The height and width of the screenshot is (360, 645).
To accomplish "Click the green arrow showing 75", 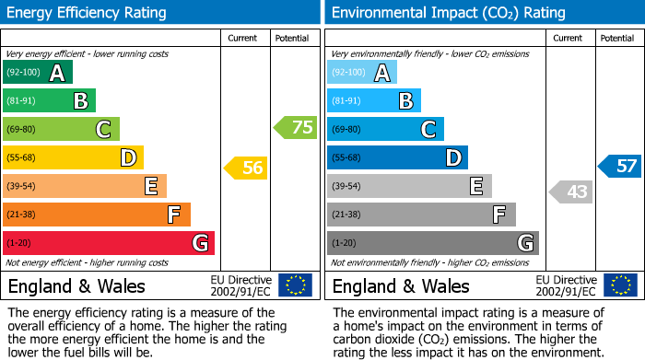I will point(296,128).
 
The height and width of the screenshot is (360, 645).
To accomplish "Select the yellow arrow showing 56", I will point(246,168).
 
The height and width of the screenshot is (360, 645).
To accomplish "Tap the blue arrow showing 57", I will point(620,167).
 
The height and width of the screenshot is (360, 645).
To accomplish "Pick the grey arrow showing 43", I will point(570,192).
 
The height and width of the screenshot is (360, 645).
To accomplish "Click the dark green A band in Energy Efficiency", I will point(37,73).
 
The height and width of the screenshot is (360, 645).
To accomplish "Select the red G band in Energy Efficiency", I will point(109,243).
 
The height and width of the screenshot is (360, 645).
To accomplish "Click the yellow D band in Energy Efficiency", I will point(73,157).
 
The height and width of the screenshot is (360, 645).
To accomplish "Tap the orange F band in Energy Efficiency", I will point(97,215).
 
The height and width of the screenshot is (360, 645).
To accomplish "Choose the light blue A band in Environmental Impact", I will point(361,73).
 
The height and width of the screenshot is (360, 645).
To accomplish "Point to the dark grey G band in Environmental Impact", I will point(432,243).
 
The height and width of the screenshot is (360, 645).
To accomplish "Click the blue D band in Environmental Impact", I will point(397,157).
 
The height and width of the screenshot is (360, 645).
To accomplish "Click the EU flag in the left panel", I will point(295,285).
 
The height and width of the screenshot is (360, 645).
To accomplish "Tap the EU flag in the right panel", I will point(620,285).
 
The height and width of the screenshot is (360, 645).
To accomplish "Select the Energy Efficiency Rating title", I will point(88,13).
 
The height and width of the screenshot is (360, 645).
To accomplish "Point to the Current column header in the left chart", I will point(244,38).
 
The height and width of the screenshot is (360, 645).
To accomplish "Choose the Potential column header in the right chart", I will point(616,38).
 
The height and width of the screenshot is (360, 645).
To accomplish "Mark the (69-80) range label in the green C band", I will point(22,130).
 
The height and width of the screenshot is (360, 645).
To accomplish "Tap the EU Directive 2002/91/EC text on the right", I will point(566,285).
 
